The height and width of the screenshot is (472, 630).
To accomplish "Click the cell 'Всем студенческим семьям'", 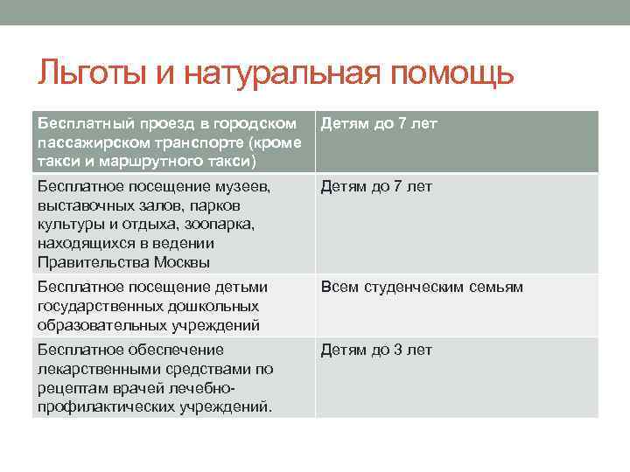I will (421, 287).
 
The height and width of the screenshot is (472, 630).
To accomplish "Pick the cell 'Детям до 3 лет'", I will (376, 351).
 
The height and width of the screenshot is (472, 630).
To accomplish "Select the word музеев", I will (243, 186).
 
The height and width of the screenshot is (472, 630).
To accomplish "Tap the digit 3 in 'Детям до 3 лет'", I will (396, 351).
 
